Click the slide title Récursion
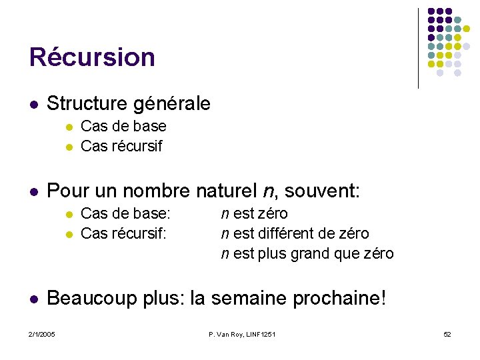pos(92,57)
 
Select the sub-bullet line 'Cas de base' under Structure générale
pos(123,127)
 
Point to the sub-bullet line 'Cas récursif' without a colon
pos(121,146)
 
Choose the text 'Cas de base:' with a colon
pos(125,214)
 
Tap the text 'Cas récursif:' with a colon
pos(124,234)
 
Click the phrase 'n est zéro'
pos(255,214)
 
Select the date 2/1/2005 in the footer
pos(41,334)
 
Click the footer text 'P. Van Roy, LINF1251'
pos(241,334)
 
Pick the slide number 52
pos(447,334)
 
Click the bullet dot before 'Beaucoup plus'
pos(33,298)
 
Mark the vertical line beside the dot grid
pos(418,48)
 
